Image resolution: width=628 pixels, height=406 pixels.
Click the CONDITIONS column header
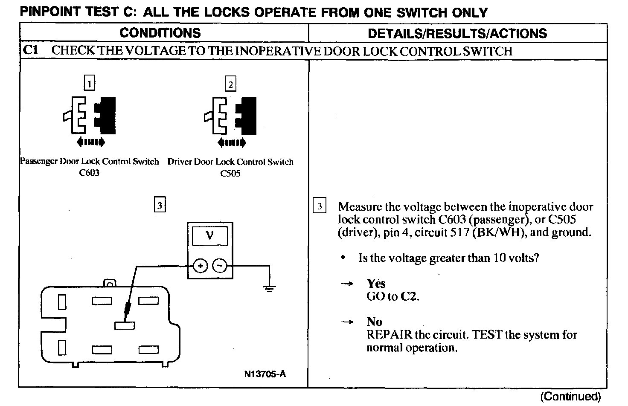point(160,33)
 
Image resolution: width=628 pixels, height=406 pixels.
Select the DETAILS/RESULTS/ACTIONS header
point(457,33)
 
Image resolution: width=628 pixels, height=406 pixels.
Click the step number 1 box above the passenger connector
point(90,84)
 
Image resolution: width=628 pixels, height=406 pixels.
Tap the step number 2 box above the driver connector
point(230,84)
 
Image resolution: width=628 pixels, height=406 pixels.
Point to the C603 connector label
point(89,173)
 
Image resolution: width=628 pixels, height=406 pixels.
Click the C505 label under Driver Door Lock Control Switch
point(230,173)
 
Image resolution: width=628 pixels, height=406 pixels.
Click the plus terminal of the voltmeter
point(200,266)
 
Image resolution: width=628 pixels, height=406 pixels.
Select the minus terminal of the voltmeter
point(219,266)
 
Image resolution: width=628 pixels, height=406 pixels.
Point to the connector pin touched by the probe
point(125,325)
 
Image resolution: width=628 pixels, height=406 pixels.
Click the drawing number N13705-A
point(265,374)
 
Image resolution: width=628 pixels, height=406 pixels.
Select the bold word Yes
point(376,284)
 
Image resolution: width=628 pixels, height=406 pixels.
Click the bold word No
point(374,322)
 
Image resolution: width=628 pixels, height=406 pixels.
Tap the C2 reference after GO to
point(409,296)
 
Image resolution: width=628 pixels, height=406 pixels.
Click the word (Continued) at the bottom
point(570,397)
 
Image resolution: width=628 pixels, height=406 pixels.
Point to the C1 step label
point(31,51)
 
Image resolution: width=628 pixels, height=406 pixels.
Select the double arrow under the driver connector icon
point(231,142)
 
